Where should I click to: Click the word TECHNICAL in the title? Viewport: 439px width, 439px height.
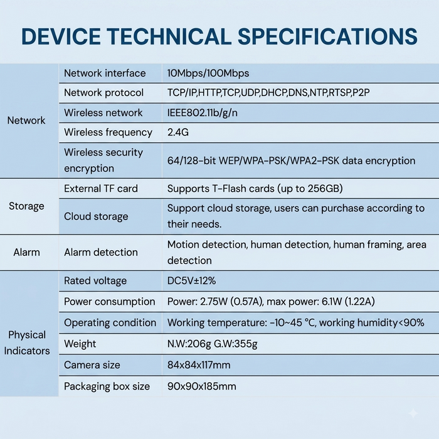tap(170, 36)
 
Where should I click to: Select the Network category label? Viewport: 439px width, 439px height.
tap(26, 120)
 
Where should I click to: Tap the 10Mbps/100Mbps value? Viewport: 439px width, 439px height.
tap(208, 73)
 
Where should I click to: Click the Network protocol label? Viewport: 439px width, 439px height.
tap(104, 93)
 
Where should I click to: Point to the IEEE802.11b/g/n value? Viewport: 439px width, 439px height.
tap(203, 112)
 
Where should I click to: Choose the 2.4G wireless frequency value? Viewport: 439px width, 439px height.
tap(178, 132)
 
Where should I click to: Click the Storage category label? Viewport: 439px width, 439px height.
tap(26, 206)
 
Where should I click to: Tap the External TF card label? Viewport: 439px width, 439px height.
tap(101, 188)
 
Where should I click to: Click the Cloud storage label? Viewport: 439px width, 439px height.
tap(96, 216)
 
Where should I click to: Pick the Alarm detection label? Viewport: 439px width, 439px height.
tap(101, 252)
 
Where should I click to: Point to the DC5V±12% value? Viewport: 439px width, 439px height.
tap(191, 280)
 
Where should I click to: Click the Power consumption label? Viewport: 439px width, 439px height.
tap(110, 302)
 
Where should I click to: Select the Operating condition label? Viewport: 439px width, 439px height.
tap(110, 322)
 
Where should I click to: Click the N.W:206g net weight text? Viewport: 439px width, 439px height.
tap(189, 344)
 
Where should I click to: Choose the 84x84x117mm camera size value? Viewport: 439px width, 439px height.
tap(199, 365)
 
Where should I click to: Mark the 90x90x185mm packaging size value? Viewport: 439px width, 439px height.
tap(201, 386)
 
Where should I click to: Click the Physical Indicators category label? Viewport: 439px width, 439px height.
tap(27, 342)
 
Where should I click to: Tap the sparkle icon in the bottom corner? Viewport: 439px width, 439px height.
tap(413, 413)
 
